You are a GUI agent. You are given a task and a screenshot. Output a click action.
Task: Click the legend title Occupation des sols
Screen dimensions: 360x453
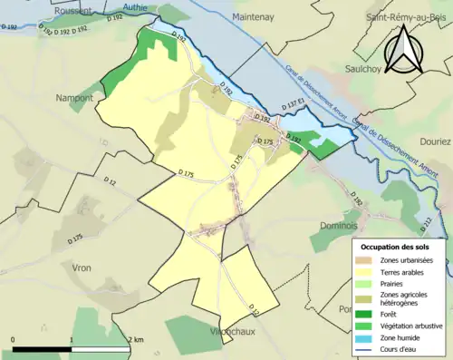pyautogui.click(x=396, y=247)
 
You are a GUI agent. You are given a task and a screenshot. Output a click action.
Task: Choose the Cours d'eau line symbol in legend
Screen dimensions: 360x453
pyautogui.click(x=369, y=348)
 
